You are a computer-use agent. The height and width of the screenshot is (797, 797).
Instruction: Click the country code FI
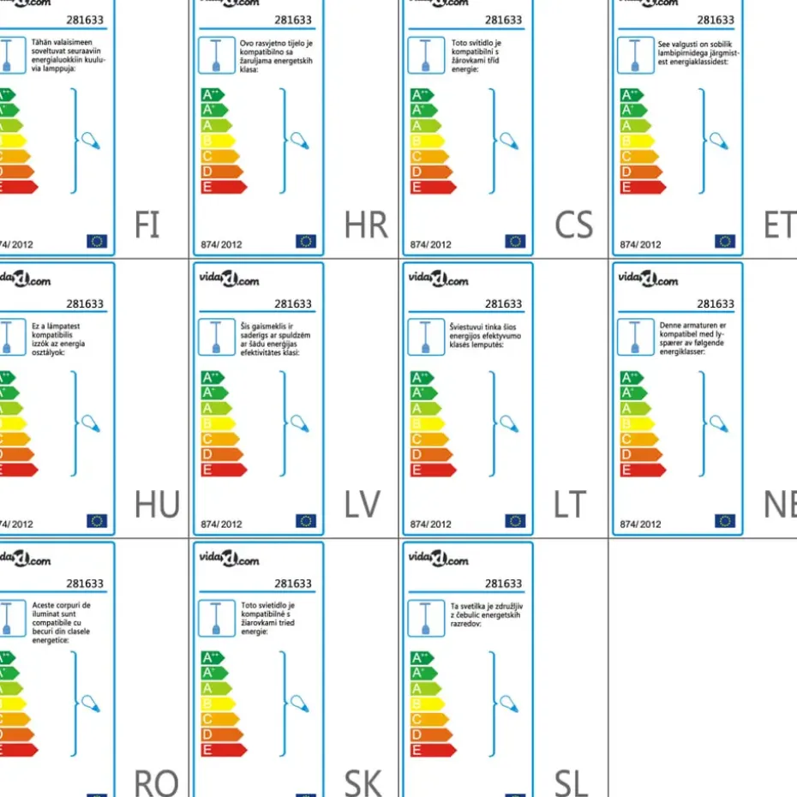tap(147, 225)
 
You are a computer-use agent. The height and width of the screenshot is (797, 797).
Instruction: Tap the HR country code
tap(366, 225)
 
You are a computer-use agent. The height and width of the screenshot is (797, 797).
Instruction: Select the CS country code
tap(573, 225)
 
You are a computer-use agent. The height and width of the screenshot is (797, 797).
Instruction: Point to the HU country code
tap(157, 505)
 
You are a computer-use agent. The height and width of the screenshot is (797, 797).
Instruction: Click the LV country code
tap(363, 505)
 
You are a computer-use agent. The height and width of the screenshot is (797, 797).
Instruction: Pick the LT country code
tap(570, 505)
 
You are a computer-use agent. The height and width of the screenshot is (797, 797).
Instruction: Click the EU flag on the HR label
tap(306, 241)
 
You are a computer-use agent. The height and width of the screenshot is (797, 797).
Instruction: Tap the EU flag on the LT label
tap(515, 521)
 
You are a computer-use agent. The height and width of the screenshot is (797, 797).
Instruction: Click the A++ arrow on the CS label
tap(422, 95)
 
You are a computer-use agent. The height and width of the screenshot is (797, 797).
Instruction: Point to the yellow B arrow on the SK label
tap(217, 704)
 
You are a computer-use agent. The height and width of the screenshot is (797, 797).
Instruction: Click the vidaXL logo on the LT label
tap(438, 280)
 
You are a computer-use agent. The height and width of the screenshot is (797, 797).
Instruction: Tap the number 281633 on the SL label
tap(503, 584)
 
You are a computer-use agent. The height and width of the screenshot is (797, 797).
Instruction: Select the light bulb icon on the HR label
tap(300, 140)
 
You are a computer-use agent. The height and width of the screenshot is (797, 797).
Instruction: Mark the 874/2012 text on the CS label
tap(430, 244)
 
